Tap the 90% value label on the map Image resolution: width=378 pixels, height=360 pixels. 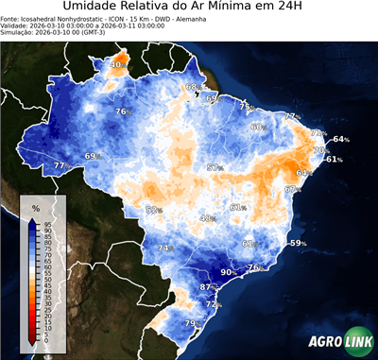click(x=228, y=272)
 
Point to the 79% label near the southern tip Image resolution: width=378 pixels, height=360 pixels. click(x=191, y=324)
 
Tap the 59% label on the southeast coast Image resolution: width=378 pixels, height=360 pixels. click(x=298, y=243)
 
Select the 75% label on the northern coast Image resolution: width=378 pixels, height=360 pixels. click(x=246, y=107)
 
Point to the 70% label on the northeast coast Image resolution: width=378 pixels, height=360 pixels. click(x=321, y=149)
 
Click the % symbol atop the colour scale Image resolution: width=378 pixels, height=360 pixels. click(x=35, y=207)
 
